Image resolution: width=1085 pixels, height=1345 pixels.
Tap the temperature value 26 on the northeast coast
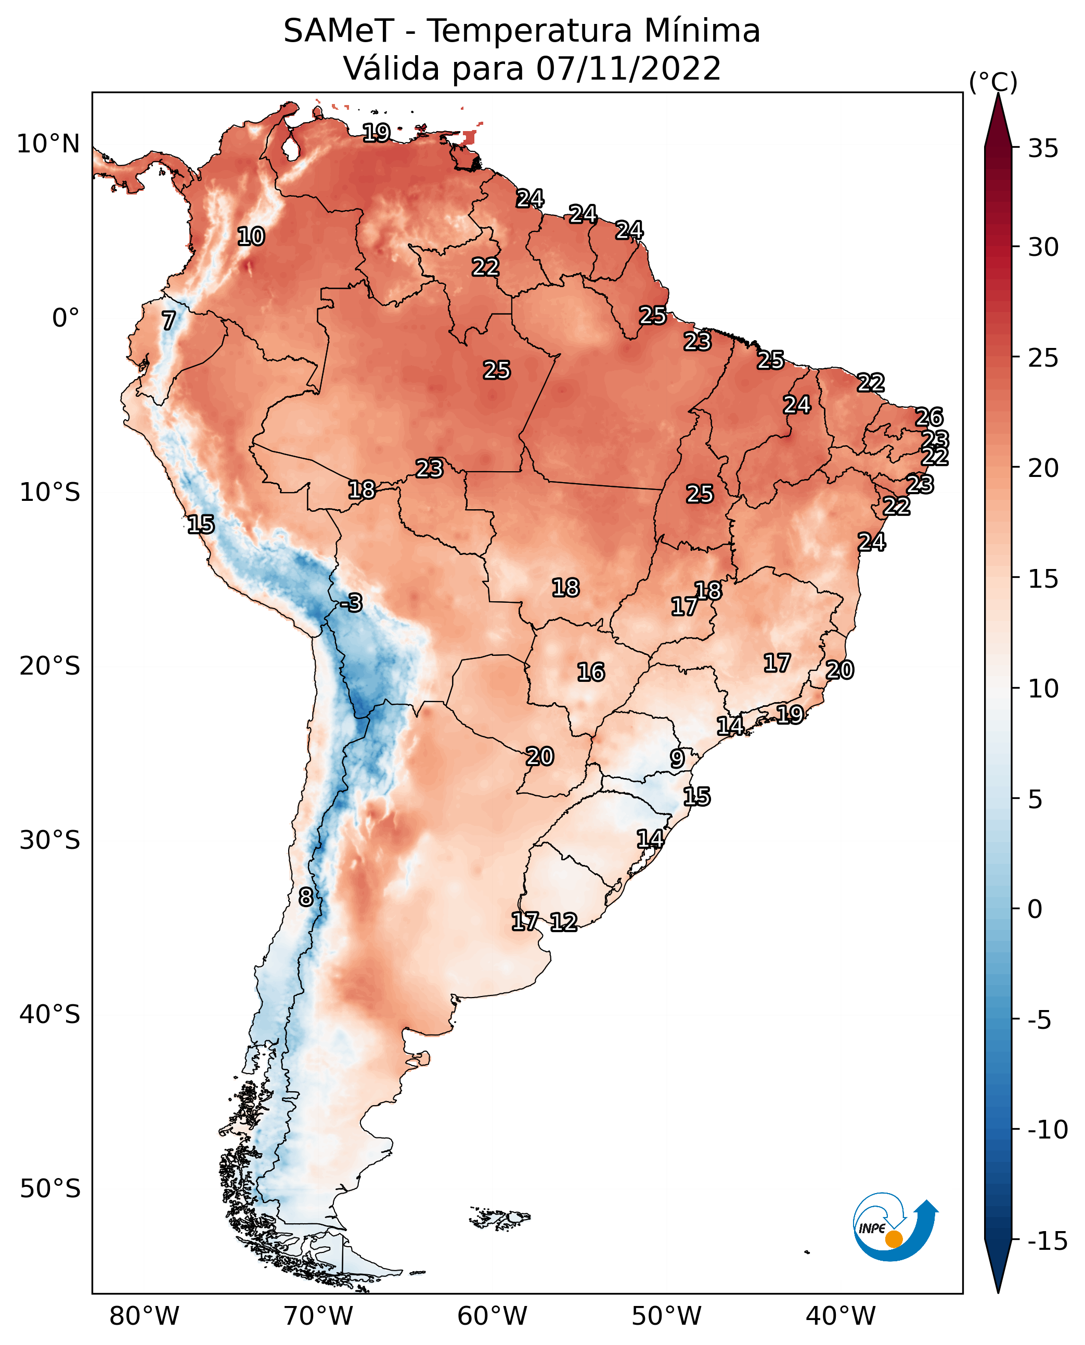pyautogui.click(x=929, y=417)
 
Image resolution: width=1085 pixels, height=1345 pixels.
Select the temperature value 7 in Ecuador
pyautogui.click(x=169, y=320)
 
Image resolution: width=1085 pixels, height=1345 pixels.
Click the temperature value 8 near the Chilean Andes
pyautogui.click(x=306, y=898)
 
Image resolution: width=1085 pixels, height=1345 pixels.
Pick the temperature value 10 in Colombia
pyautogui.click(x=251, y=237)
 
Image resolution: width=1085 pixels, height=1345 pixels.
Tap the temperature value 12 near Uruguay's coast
pyautogui.click(x=564, y=922)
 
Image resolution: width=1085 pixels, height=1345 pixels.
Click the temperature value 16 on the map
pyautogui.click(x=591, y=672)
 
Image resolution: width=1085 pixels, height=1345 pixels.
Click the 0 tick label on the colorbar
pyautogui.click(x=1036, y=909)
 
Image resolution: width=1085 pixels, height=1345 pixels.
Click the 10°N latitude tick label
pyautogui.click(x=48, y=145)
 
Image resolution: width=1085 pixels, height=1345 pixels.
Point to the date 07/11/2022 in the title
pyautogui.click(x=629, y=68)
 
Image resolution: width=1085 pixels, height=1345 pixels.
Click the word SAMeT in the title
pyautogui.click(x=339, y=31)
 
